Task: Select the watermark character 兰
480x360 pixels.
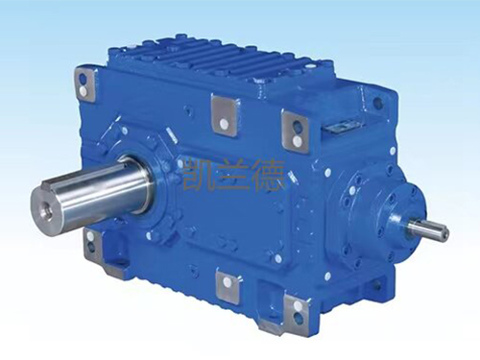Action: (234, 176)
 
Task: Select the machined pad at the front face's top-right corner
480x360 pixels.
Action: (295, 129)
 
